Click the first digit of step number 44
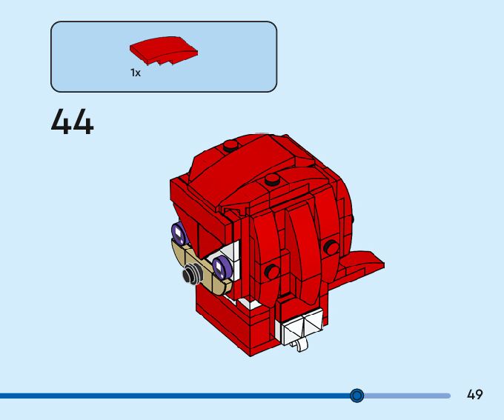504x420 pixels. (62, 122)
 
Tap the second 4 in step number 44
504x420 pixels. (83, 122)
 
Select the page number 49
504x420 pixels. (474, 395)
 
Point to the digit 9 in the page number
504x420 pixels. (479, 395)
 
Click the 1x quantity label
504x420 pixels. (136, 73)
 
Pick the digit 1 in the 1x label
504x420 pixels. (133, 73)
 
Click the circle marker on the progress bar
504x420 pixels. (357, 396)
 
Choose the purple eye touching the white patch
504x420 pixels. (220, 265)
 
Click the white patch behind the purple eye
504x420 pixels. (231, 256)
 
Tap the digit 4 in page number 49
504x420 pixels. (471, 395)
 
